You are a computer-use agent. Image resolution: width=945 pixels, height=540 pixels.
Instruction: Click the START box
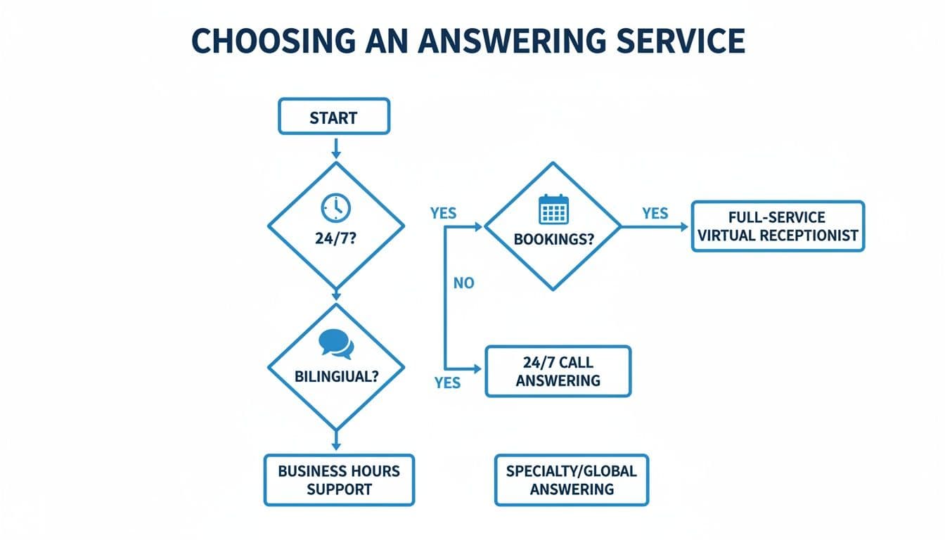333,117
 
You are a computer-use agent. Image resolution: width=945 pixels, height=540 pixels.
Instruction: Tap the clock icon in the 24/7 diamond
335,207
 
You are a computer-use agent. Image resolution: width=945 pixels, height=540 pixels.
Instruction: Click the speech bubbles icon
335,344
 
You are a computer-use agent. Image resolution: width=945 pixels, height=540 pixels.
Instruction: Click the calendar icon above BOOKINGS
553,210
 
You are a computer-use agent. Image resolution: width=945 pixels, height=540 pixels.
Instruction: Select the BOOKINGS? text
553,238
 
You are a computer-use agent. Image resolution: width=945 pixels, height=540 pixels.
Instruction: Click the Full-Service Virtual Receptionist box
778,226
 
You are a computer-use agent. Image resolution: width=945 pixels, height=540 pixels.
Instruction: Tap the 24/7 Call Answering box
558,371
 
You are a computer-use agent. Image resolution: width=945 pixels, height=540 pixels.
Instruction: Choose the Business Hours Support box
339,480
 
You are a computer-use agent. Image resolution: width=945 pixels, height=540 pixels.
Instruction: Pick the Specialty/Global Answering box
571,480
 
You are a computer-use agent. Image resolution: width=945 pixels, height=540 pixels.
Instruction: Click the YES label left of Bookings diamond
443,213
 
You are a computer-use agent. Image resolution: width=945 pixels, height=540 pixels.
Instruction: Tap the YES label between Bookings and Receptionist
655,213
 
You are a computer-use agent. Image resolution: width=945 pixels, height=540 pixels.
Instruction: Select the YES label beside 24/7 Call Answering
447,382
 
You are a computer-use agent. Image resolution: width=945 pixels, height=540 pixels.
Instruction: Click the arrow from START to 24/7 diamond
335,147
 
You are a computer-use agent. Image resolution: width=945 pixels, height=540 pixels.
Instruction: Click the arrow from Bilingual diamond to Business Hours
335,440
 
